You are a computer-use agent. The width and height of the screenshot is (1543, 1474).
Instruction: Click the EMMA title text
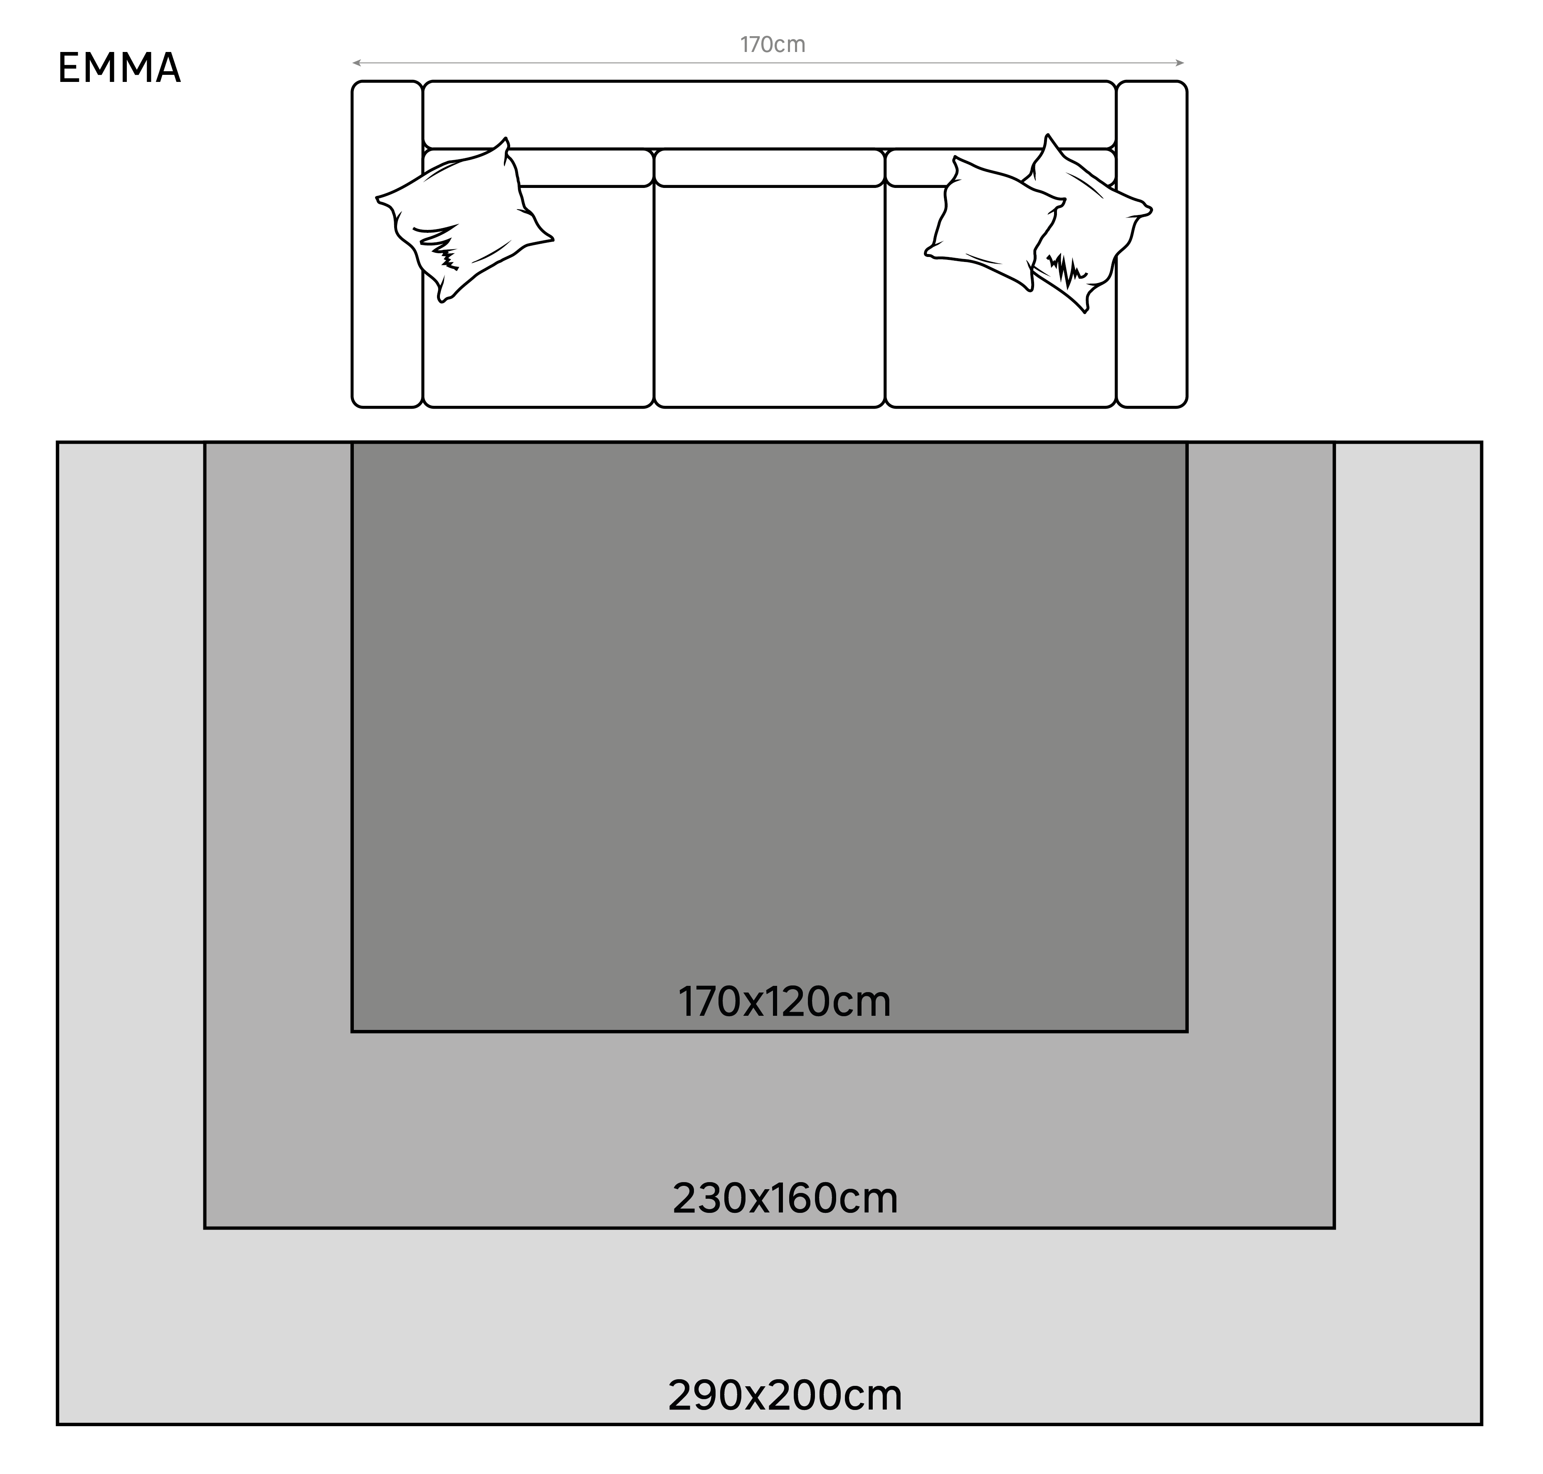click(x=119, y=68)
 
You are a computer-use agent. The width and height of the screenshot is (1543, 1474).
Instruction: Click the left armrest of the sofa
click(x=387, y=244)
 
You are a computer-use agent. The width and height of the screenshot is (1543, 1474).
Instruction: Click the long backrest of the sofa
click(x=769, y=114)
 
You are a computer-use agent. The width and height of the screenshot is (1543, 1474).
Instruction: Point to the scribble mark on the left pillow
click(x=440, y=247)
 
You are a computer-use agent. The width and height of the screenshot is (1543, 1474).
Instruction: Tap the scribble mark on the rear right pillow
click(x=1066, y=269)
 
